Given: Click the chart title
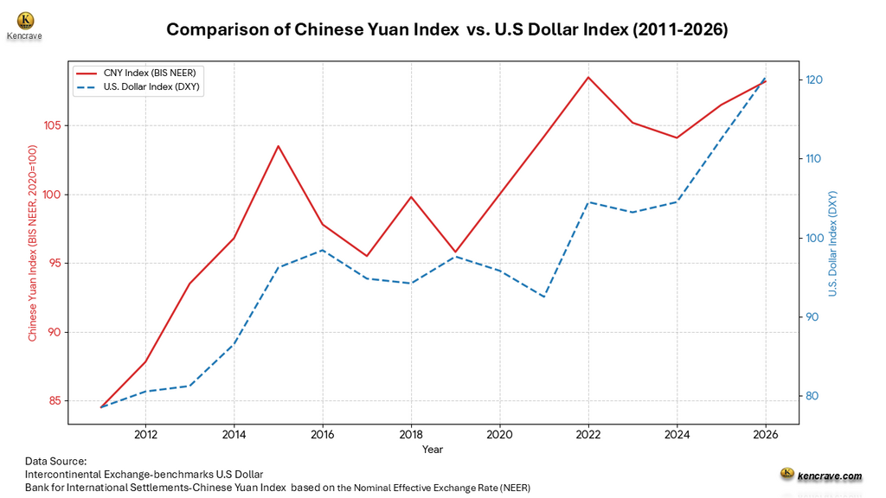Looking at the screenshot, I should tap(446, 29).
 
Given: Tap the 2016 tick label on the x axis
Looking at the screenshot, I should tap(323, 434).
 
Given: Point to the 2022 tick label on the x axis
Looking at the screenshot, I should tap(588, 434).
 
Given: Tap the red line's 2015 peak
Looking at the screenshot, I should tap(279, 145).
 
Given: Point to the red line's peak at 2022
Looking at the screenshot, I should tap(588, 77).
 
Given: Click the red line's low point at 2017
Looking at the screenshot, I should tap(367, 256).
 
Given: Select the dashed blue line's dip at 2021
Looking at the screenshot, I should tap(544, 297).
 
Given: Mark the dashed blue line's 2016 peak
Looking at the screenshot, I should tap(323, 250).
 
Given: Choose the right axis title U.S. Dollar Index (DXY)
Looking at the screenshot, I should tap(833, 244).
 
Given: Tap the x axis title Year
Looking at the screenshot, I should tap(433, 450).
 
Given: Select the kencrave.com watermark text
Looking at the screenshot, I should tap(829, 476).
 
